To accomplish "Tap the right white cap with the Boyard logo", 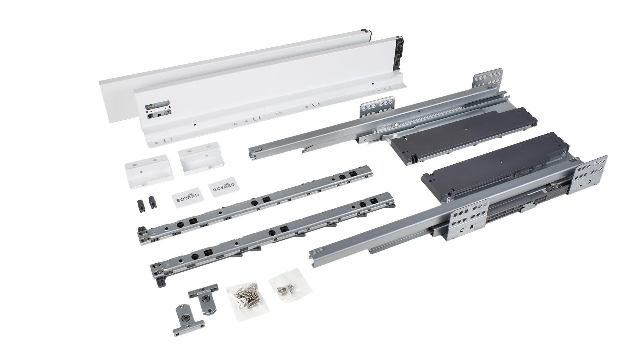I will point(221,189).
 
